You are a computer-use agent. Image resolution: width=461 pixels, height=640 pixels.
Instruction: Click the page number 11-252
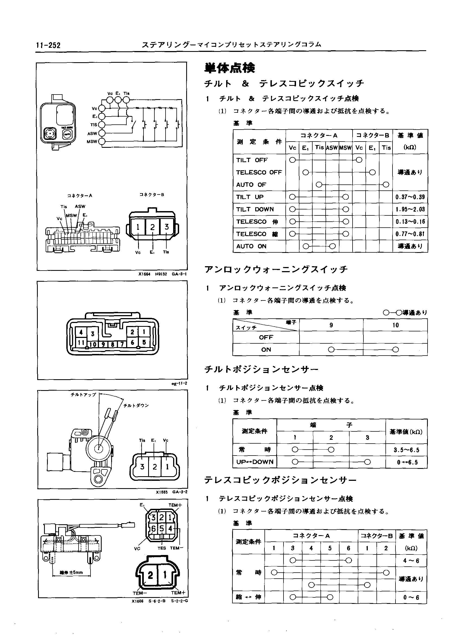[x=48, y=45]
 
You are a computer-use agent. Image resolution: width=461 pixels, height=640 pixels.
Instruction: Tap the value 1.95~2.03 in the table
[x=410, y=209]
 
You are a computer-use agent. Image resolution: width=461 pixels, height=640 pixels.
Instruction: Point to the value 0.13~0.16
[x=410, y=221]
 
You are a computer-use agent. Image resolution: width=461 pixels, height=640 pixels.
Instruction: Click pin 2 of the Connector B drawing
[x=152, y=227]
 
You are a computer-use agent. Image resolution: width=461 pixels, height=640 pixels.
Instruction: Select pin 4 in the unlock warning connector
[x=81, y=332]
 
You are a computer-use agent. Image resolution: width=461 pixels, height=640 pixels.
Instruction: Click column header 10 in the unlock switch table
[x=395, y=325]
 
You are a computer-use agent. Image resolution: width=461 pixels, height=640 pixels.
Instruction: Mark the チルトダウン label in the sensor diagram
[x=136, y=406]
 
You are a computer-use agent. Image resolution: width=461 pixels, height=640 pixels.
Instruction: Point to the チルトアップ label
[x=83, y=395]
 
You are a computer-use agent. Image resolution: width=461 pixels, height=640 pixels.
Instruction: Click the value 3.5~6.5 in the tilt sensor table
[x=407, y=450]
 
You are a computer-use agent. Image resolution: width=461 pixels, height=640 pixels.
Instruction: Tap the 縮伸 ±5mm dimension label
[x=71, y=572]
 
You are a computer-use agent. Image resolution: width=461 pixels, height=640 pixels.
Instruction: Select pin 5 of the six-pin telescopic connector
[x=161, y=528]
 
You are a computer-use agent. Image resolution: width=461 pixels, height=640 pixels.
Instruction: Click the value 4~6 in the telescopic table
[x=411, y=560]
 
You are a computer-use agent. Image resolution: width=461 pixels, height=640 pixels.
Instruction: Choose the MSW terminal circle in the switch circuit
[x=102, y=142]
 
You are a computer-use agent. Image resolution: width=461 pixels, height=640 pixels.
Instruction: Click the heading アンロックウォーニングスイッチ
[x=276, y=269]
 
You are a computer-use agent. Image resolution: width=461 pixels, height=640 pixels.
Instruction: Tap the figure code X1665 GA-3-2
[x=171, y=492]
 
